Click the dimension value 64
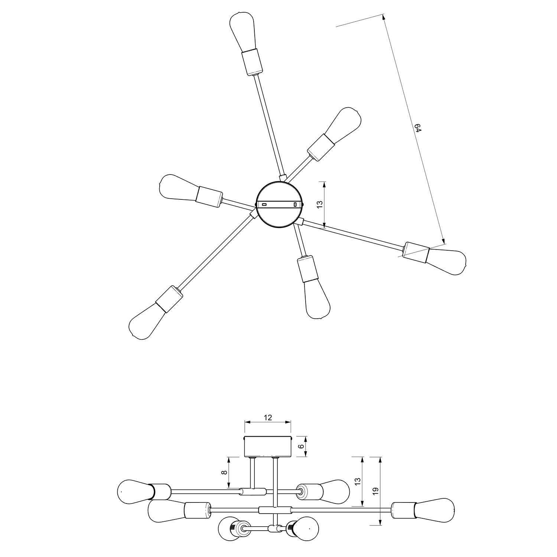point(418,128)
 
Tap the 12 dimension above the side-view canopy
point(268,417)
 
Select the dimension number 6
point(302,447)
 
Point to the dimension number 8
point(224,473)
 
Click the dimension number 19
point(376,491)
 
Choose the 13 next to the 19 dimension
point(358,482)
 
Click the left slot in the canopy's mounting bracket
point(264,204)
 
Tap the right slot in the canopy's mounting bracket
point(295,204)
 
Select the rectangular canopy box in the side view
point(267,446)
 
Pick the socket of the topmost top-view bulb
point(252,62)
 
